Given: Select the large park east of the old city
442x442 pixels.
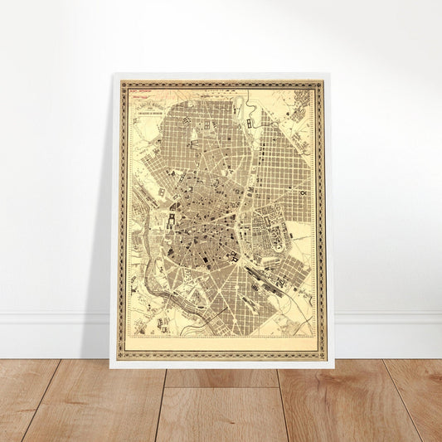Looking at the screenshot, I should (270, 219).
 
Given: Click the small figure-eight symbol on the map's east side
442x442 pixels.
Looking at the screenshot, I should (305, 192).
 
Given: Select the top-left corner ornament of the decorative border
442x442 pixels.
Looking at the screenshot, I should (123, 84).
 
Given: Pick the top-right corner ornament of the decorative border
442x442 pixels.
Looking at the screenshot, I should (319, 84).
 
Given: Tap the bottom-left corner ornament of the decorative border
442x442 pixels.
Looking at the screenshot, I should (123, 356).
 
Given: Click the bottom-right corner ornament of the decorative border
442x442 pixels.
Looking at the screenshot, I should (320, 356).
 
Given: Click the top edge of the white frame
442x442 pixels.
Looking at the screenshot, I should (221, 75).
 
